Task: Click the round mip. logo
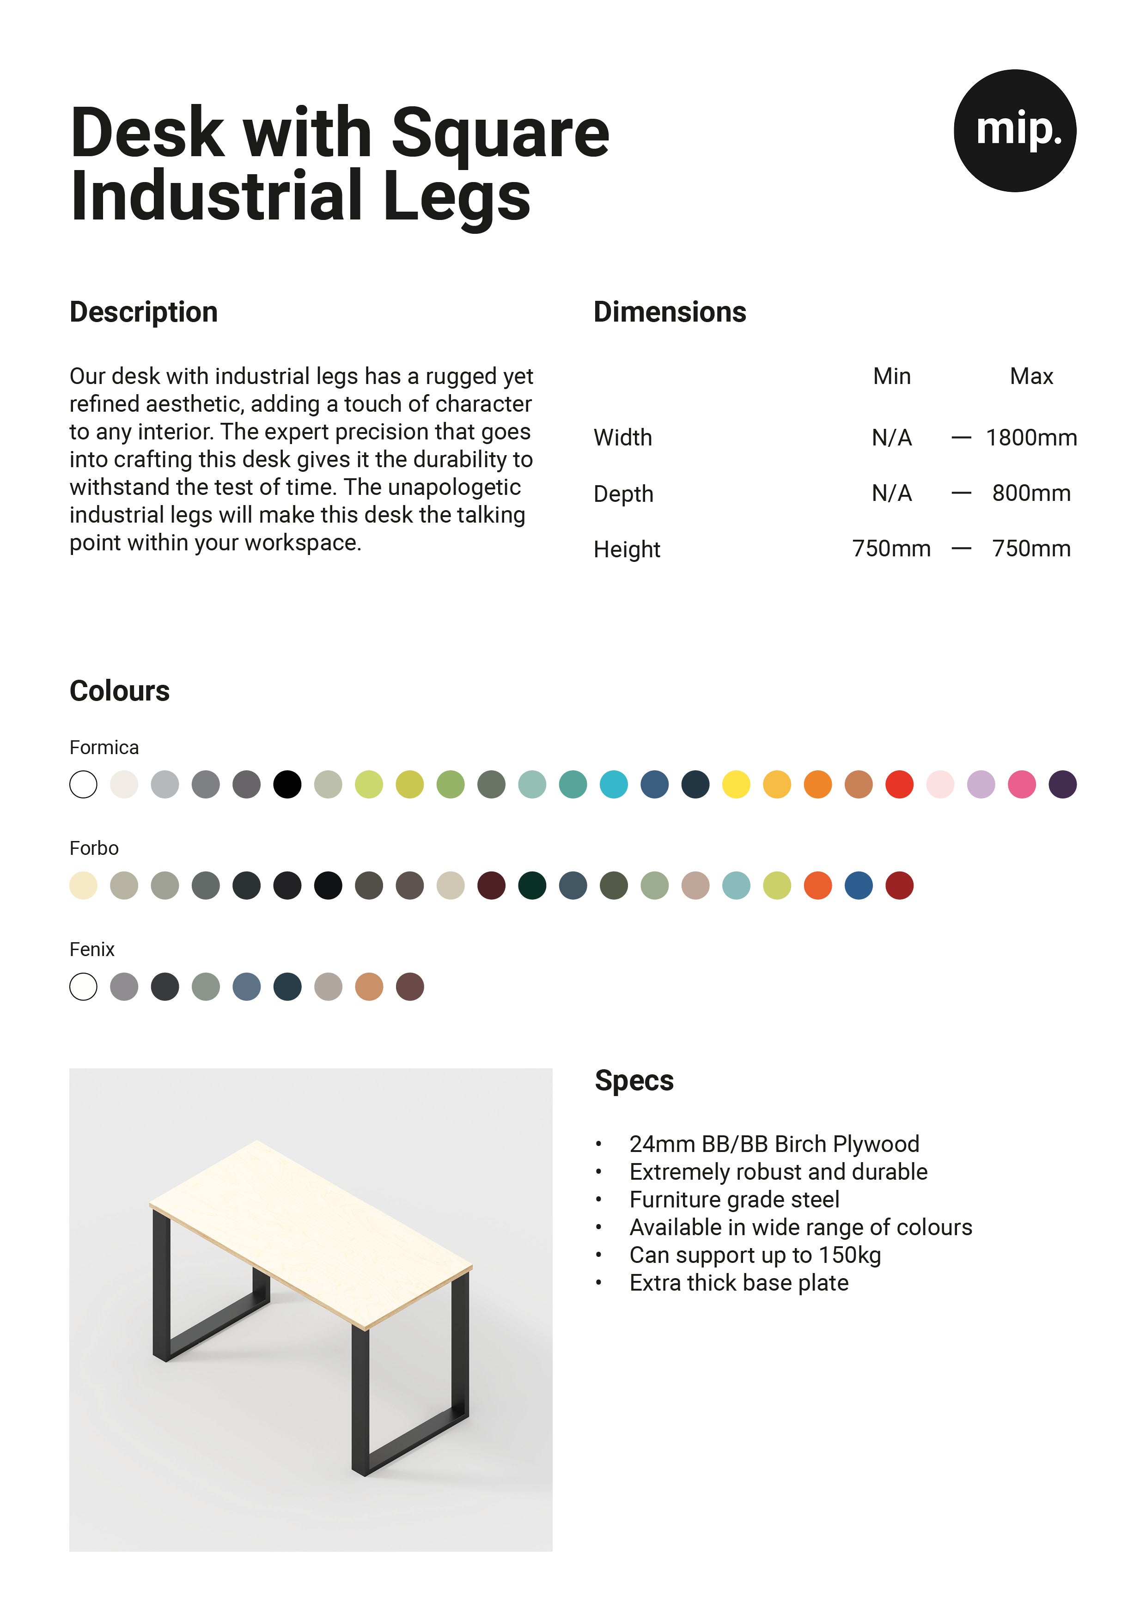1015,131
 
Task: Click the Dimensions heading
670,312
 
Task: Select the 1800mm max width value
1031,438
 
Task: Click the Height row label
626,549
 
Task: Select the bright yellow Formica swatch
736,784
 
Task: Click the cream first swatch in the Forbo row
83,885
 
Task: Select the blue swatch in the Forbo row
859,885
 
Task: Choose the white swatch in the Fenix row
83,987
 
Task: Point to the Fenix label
92,950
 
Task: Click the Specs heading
634,1081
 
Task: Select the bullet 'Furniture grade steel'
734,1200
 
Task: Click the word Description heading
143,312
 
